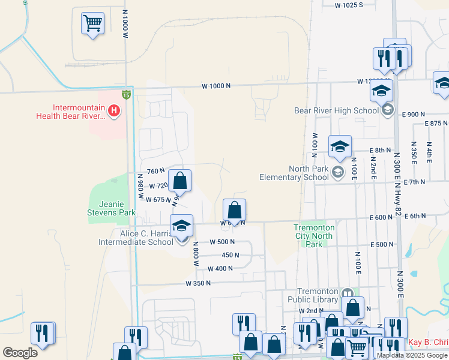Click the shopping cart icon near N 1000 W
(92, 25)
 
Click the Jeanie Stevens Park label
(111, 208)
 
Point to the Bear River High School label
(336, 110)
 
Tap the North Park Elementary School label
(294, 173)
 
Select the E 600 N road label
(381, 216)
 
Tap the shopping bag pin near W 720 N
(179, 180)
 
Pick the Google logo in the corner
(20, 353)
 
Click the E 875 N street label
(436, 123)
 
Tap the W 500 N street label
(221, 242)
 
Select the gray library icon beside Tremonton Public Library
(347, 293)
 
